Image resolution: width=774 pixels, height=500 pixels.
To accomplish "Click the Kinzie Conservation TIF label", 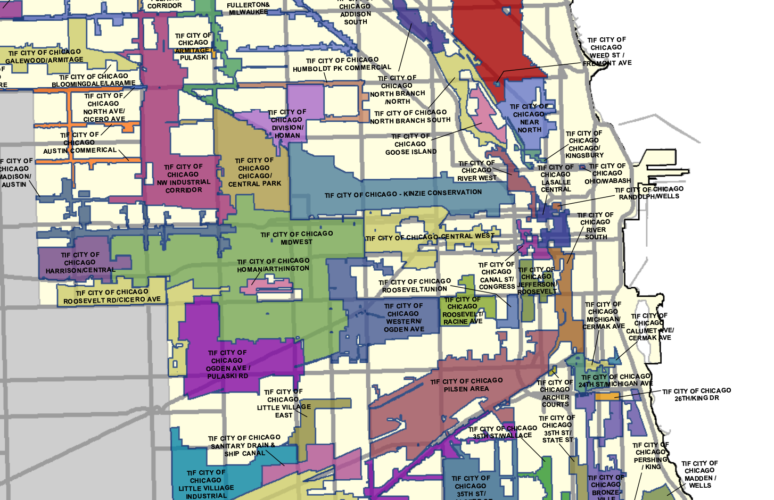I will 403,194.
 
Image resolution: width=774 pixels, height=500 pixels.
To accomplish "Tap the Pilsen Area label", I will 466,385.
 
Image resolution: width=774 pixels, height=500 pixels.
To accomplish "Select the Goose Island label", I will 410,144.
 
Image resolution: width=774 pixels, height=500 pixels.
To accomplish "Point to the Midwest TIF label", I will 297,238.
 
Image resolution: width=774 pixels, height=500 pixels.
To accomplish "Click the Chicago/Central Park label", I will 254,172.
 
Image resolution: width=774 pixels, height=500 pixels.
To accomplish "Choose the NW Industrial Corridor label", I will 183,178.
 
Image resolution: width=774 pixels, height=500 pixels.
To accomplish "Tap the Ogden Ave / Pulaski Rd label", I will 227,364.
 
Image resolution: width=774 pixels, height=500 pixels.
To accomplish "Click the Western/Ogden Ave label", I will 404,318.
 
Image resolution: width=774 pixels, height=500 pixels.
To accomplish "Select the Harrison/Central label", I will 80,263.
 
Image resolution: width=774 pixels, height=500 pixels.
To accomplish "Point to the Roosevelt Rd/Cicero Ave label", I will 112,296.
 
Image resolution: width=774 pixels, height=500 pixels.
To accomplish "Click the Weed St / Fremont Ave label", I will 607,52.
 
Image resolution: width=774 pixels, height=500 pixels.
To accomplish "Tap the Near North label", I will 529,118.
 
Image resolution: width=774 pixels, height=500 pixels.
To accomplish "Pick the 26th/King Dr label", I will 696,394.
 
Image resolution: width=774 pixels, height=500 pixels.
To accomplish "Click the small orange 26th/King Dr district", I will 606,396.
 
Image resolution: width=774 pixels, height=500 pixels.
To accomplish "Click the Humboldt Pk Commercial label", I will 342,64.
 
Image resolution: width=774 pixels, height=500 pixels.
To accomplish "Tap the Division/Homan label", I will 287,124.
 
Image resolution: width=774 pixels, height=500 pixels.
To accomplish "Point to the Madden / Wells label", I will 699,474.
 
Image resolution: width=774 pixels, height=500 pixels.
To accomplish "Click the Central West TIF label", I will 430,237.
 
